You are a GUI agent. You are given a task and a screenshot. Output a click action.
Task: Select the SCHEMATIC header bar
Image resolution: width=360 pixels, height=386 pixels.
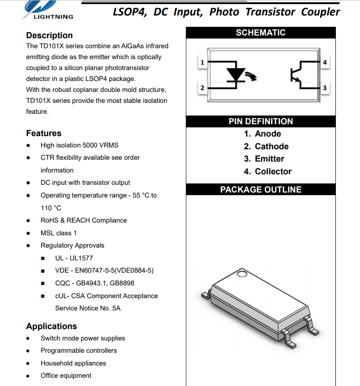(x=260, y=33)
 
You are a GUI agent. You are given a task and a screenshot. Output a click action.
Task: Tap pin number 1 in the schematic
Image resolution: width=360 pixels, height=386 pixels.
(x=202, y=62)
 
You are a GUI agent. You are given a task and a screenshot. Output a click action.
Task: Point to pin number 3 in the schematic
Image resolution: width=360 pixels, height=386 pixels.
(x=324, y=88)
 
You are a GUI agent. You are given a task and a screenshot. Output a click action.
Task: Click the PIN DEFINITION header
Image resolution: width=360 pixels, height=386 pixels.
(x=260, y=122)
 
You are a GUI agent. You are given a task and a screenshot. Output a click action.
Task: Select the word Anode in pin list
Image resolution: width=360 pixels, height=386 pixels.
(x=268, y=134)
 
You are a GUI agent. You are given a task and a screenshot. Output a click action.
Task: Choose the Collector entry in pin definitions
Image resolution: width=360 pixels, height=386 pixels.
(x=273, y=172)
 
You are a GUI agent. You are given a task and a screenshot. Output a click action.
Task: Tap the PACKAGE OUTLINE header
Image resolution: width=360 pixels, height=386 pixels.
(x=260, y=190)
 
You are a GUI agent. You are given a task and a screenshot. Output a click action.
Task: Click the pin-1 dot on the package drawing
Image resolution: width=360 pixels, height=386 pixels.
(x=242, y=274)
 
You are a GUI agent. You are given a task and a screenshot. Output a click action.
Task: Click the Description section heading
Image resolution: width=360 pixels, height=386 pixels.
(x=49, y=36)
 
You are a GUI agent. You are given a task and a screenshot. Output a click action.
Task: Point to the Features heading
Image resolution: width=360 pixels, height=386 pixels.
(x=44, y=133)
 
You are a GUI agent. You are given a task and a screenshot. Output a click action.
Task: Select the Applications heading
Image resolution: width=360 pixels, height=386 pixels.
(x=51, y=326)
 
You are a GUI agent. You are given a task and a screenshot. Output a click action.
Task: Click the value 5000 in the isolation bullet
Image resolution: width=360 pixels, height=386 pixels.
(x=90, y=145)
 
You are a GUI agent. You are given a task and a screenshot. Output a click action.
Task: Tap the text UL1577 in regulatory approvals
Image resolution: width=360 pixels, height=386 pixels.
(x=81, y=258)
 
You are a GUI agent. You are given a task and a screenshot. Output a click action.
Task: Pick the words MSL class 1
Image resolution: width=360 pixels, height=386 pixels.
(x=59, y=233)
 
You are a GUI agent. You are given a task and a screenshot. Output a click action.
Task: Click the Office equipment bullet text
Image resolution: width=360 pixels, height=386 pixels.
(x=66, y=376)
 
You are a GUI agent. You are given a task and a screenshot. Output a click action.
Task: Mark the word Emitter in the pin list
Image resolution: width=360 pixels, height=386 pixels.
(x=269, y=159)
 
